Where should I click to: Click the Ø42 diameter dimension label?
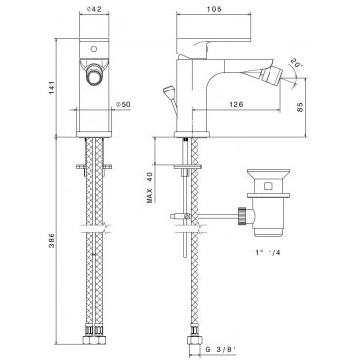click(x=94, y=9)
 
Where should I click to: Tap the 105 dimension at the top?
click(x=214, y=9)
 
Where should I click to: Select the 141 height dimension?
click(x=52, y=88)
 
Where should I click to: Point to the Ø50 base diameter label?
click(x=124, y=104)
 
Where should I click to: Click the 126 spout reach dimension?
click(x=236, y=104)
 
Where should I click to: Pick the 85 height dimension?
click(x=300, y=107)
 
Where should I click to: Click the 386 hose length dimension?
click(x=52, y=240)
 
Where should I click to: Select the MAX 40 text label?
click(x=150, y=188)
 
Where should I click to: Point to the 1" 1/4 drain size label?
click(x=268, y=253)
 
